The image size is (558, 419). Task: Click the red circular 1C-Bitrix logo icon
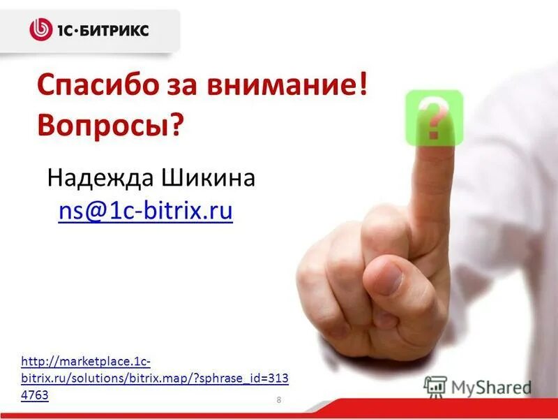(40, 29)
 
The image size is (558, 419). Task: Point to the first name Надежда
(100, 179)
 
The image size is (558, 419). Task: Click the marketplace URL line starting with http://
(86, 362)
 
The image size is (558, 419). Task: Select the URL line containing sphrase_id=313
(155, 378)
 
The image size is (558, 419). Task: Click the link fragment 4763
(35, 395)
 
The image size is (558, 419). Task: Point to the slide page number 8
(279, 399)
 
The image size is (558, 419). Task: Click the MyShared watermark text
(491, 387)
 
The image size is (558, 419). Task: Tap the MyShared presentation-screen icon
(435, 386)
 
